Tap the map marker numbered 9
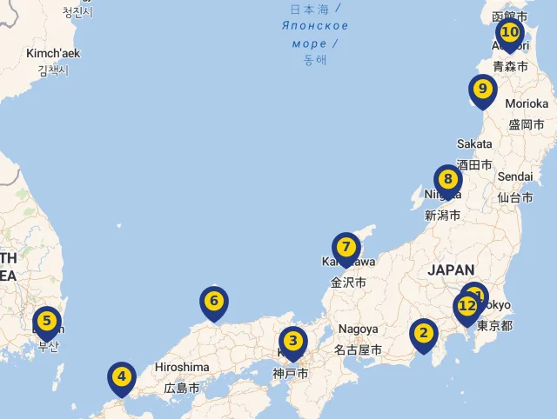tap(482, 90)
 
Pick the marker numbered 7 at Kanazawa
tap(346, 248)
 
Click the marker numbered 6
tap(213, 303)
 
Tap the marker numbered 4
tap(122, 377)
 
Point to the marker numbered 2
tap(424, 333)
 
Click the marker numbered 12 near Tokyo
tap(466, 307)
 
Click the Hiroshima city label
tap(182, 367)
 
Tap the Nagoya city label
tap(359, 329)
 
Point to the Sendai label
tap(515, 176)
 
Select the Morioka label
tap(527, 103)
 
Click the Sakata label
tap(474, 143)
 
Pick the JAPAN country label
tap(451, 270)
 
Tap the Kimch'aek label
tap(53, 53)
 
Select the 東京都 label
tap(494, 326)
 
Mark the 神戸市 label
tap(290, 374)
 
